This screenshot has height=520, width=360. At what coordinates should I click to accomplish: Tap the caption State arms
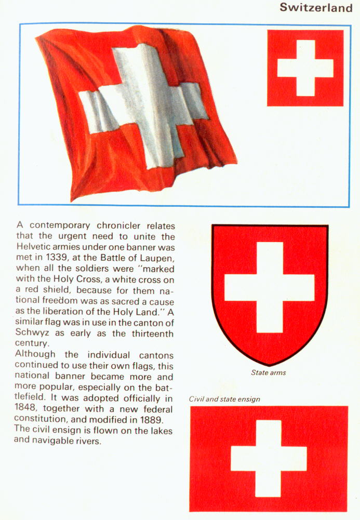[x=269, y=372]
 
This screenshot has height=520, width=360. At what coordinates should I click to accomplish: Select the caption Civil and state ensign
[x=224, y=399]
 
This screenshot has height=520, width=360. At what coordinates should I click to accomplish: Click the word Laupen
[x=159, y=259]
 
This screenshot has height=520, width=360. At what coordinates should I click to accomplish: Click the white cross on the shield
[x=270, y=287]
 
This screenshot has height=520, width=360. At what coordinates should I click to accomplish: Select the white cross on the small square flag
[x=305, y=68]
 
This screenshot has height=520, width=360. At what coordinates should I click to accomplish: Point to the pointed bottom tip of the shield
[x=270, y=365]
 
